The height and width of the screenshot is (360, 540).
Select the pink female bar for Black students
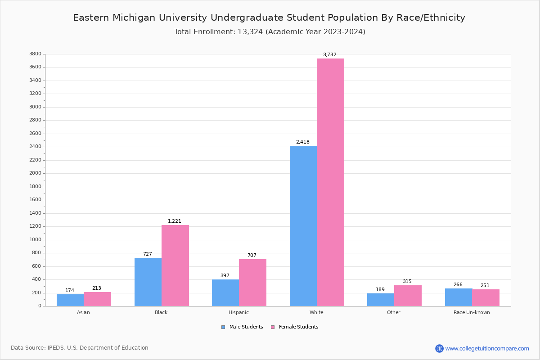coord(175,265)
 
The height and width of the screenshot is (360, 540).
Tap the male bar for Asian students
coord(70,300)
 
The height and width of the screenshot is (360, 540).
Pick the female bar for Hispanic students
coord(252,283)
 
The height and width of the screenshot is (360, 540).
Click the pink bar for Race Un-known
coord(486,298)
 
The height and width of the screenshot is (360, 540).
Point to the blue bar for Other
coord(381,300)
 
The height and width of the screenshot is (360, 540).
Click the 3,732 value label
coord(329,55)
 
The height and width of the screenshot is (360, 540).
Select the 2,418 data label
coord(302,142)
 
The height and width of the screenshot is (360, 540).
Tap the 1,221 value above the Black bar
coord(175,221)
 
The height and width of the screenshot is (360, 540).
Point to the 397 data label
coord(225,276)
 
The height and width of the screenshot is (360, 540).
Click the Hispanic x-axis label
coord(238,312)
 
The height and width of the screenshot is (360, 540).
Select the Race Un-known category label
coord(472,312)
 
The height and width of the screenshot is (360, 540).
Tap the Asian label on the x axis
coord(83,312)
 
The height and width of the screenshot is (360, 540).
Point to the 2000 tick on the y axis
coord(35,173)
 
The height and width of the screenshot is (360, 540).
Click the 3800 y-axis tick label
coord(35,54)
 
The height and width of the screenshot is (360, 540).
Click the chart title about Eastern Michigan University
coord(269,18)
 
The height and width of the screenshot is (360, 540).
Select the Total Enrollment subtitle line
coord(270,32)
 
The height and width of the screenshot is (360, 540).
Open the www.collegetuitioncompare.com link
coord(487,348)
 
